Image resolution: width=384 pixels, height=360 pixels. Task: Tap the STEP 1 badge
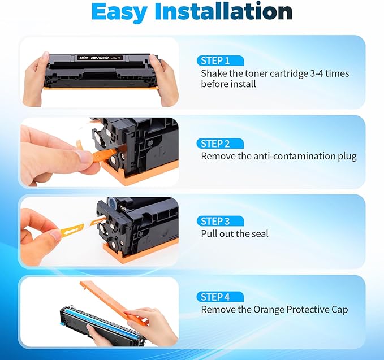point(215,60)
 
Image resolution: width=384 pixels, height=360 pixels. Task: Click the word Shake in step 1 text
point(214,73)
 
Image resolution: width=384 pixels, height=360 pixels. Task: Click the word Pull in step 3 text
point(210,233)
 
